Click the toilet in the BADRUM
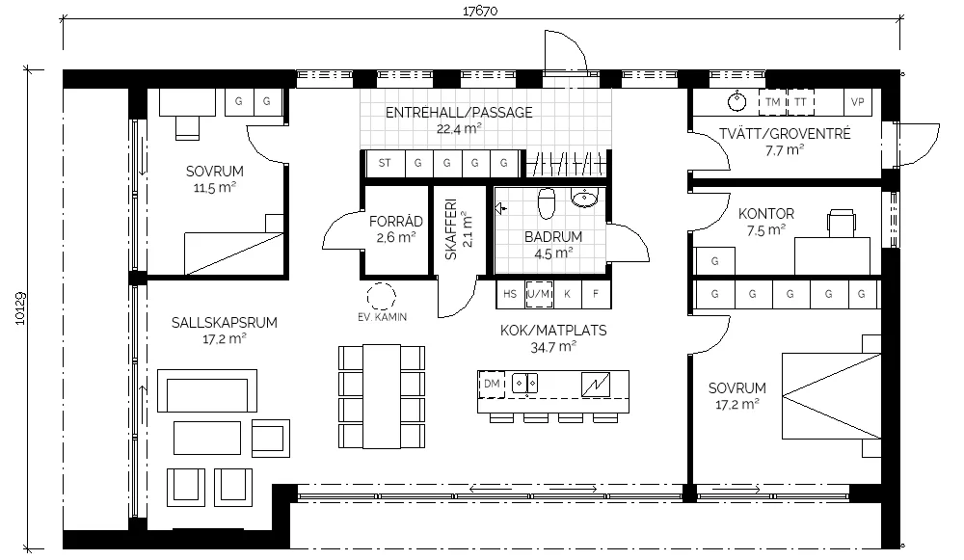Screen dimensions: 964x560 546,203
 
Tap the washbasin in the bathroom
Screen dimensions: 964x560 584,198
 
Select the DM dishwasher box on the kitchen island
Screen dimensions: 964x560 492,385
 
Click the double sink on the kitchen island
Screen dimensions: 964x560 525,384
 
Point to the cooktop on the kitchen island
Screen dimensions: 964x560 596,385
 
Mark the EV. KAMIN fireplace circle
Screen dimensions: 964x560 381,296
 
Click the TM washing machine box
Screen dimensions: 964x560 772,102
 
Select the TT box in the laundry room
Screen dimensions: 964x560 800,102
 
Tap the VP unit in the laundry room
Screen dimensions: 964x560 858,102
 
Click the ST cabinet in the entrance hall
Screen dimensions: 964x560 385,164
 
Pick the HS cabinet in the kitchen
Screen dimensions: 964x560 510,294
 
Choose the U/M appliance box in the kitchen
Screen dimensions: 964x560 539,294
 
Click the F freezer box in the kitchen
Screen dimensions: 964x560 596,294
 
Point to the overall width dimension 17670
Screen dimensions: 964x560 480,11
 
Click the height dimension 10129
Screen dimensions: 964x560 20,308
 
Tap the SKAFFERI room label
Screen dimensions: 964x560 450,229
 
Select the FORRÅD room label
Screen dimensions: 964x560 396,222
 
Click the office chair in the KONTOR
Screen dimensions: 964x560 842,223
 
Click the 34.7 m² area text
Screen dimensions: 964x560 553,347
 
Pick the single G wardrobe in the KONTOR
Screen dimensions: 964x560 714,260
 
